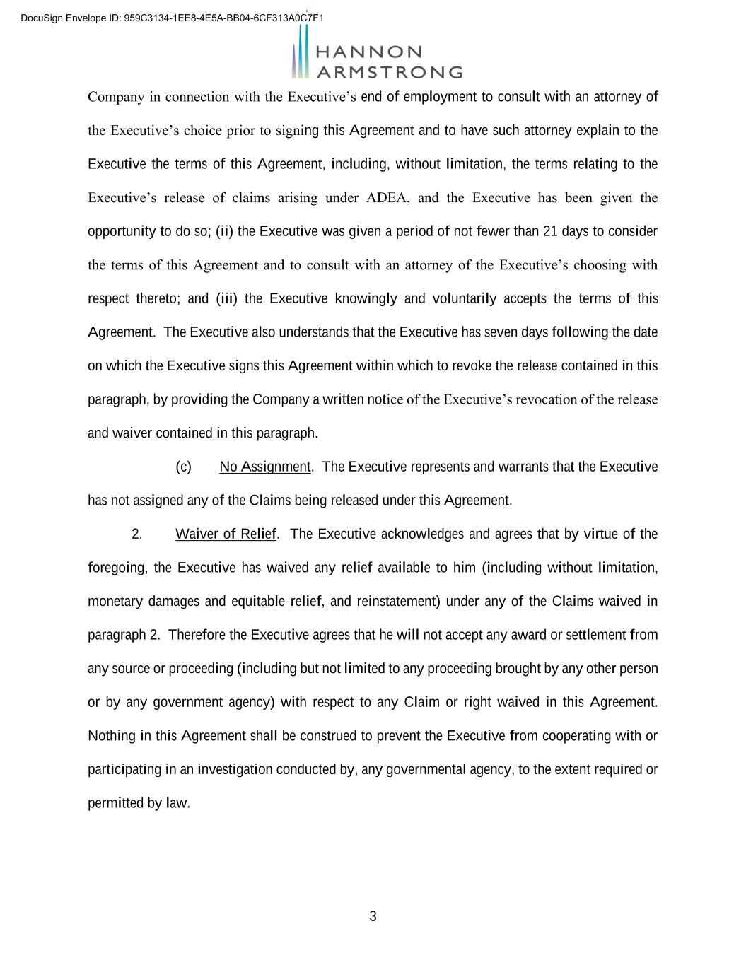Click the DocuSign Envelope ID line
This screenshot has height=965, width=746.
172,18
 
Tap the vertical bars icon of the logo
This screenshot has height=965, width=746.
301,53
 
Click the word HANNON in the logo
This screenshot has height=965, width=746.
368,52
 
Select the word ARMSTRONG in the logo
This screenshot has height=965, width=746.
389,72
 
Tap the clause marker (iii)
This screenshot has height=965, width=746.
226,298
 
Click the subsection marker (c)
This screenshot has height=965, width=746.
183,467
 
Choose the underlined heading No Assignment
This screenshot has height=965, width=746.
265,467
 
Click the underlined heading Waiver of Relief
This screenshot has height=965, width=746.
226,534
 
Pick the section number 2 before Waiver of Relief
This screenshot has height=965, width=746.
137,534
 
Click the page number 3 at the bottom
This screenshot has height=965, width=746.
373,917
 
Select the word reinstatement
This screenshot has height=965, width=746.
398,601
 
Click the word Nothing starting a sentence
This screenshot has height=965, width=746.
111,736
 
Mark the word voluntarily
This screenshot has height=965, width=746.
465,298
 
